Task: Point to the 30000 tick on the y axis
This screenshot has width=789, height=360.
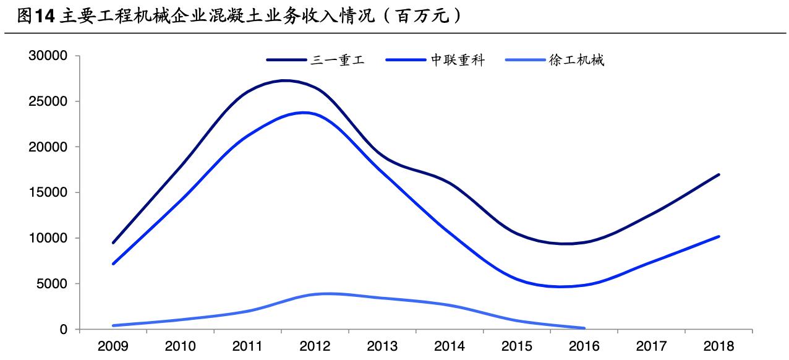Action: click(x=48, y=56)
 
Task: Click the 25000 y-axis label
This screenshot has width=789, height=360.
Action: click(x=48, y=101)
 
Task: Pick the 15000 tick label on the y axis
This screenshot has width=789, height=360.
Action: click(x=48, y=193)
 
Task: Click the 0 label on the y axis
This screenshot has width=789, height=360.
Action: click(x=63, y=330)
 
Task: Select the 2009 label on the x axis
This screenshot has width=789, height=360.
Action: click(x=114, y=346)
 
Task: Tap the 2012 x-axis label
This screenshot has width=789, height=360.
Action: click(x=315, y=346)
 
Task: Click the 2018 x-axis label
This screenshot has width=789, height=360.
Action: click(x=718, y=346)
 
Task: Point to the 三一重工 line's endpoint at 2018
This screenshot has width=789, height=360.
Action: click(x=719, y=174)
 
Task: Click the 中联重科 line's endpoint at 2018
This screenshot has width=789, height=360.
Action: click(x=719, y=236)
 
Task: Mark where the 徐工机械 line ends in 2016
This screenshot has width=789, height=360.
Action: click(x=584, y=328)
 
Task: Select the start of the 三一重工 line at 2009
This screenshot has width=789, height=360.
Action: click(x=114, y=242)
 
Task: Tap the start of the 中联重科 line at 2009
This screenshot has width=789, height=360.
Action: click(x=114, y=264)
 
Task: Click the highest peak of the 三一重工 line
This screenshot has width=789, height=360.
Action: click(x=286, y=80)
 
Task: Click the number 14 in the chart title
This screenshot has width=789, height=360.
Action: click(x=43, y=17)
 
